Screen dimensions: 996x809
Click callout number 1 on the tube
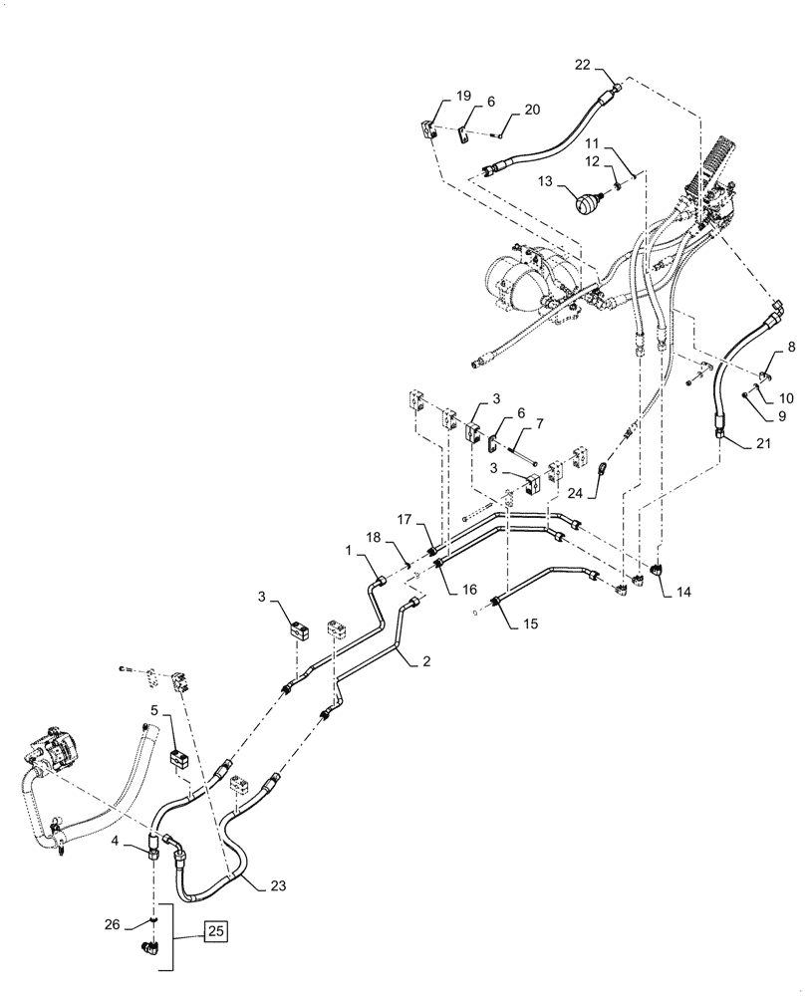click(x=348, y=551)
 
